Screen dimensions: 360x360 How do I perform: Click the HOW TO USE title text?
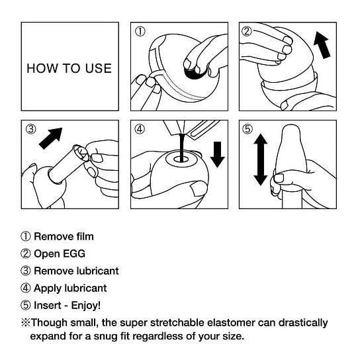(x=69, y=68)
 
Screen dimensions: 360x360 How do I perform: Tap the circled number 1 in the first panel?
(x=140, y=32)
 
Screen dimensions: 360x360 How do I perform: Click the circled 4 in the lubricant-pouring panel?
(x=140, y=130)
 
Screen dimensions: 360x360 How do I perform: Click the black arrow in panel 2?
(x=322, y=46)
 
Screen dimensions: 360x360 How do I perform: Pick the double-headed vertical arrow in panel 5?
(x=260, y=159)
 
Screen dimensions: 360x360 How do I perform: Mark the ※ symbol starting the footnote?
(x=26, y=323)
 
